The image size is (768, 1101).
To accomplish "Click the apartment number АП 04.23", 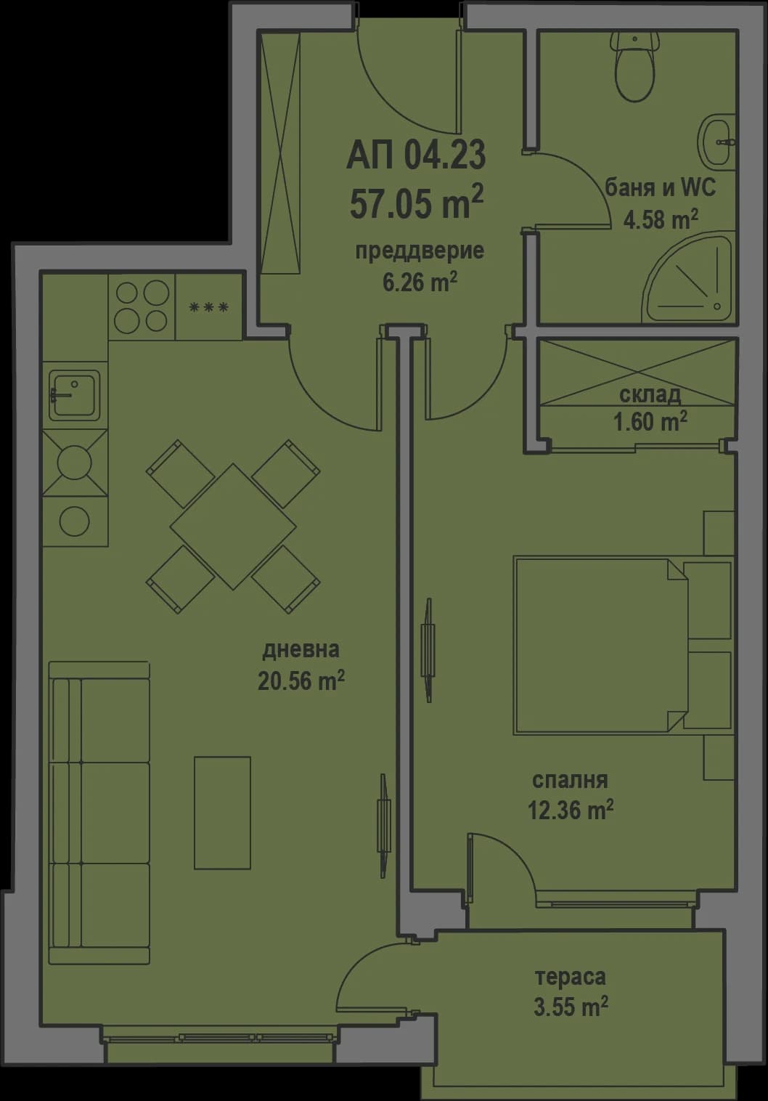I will [x=416, y=155].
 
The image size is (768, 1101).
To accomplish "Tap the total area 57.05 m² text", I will [x=416, y=202].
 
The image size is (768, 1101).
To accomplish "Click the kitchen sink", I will [x=74, y=394].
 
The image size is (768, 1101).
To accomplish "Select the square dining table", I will [x=233, y=526].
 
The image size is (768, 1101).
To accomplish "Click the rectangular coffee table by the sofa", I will [x=222, y=813].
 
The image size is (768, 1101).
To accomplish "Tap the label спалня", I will [x=570, y=781].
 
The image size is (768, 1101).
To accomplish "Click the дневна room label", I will [x=301, y=649].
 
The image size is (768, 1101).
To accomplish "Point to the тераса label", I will [x=570, y=977].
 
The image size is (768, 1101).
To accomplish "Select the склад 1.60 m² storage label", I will [x=650, y=407].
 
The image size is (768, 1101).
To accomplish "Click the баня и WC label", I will [x=660, y=188].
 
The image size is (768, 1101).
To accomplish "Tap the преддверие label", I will [x=420, y=251].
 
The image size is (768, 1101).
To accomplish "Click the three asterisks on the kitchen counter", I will [x=209, y=307].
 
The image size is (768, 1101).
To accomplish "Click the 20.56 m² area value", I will [x=301, y=681].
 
